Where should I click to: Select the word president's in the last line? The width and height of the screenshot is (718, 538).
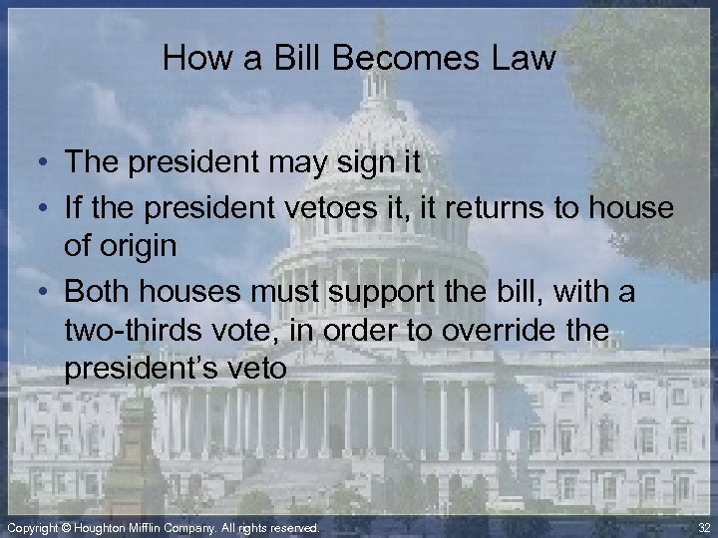[146, 369]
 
